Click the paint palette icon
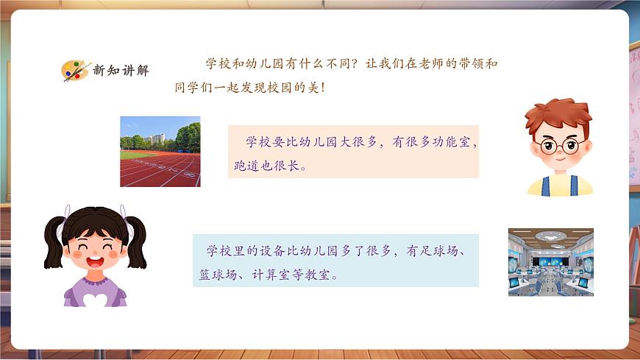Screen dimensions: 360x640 (75, 70)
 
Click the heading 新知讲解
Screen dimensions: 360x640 (121, 71)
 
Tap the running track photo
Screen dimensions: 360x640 (160, 152)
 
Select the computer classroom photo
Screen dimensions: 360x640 (550, 261)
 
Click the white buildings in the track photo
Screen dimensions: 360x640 (155, 138)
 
